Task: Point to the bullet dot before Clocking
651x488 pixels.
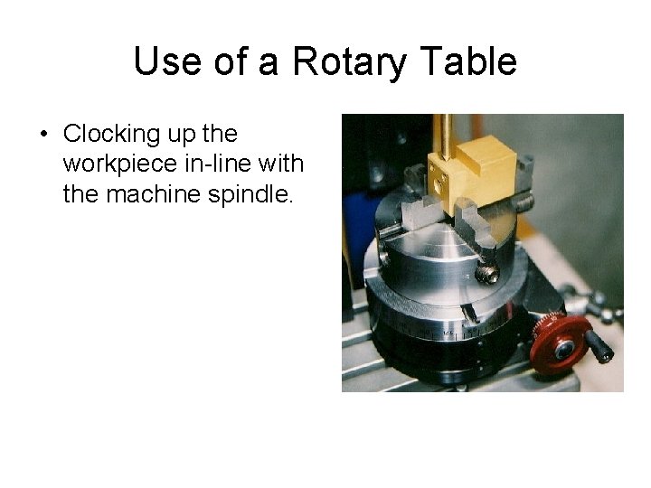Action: click(42, 135)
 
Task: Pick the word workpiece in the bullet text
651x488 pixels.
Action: click(116, 164)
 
